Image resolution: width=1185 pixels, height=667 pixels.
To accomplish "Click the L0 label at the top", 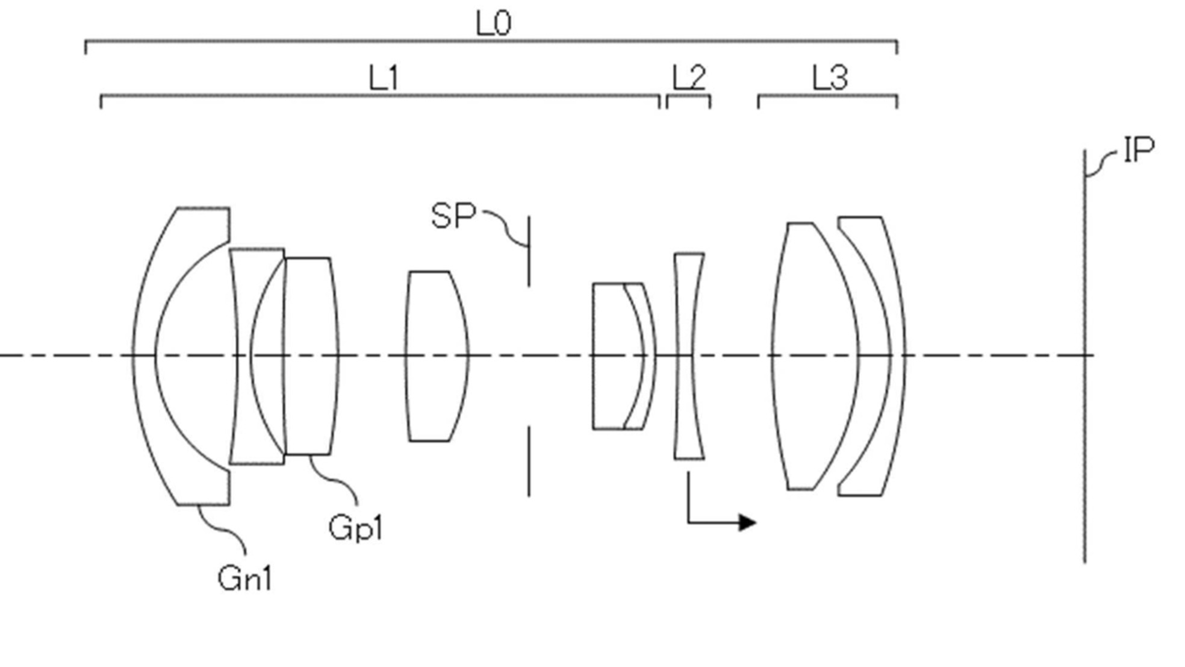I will point(493,24).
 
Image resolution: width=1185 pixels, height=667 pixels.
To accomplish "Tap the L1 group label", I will point(384,78).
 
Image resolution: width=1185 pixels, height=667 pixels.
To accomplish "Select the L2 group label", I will point(688,78).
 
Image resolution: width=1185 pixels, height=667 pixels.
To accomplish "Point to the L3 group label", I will point(830,78).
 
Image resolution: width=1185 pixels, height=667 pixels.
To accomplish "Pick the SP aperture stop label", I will point(453,216).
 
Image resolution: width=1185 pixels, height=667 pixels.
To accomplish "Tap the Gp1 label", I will point(355,528).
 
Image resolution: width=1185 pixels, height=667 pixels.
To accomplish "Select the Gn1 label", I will point(244,579).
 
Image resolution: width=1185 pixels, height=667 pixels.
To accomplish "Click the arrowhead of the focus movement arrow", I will point(747,522).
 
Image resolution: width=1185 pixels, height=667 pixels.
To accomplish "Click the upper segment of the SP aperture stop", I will point(529,251).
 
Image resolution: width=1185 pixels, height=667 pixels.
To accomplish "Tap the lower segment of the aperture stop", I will point(529,461).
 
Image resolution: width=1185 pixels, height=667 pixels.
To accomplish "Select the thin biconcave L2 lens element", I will point(688,355).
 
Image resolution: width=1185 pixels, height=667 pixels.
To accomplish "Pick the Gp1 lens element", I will point(310,355).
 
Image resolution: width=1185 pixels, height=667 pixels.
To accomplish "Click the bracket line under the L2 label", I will point(688,96).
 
